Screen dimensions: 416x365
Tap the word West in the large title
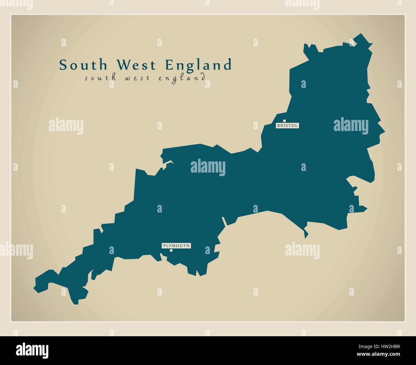[x=136, y=65]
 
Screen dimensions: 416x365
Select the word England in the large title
[x=199, y=65]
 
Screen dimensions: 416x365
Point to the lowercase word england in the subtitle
[x=181, y=78]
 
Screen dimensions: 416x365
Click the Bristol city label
[x=287, y=126]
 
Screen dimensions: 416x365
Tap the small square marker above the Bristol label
[x=284, y=121]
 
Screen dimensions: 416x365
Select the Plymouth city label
[x=176, y=246]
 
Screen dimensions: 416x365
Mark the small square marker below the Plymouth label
[x=171, y=250]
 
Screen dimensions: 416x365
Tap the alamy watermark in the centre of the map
[x=208, y=167]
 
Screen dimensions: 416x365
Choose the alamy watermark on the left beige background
[x=66, y=126]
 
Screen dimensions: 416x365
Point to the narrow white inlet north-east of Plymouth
[x=224, y=221]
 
